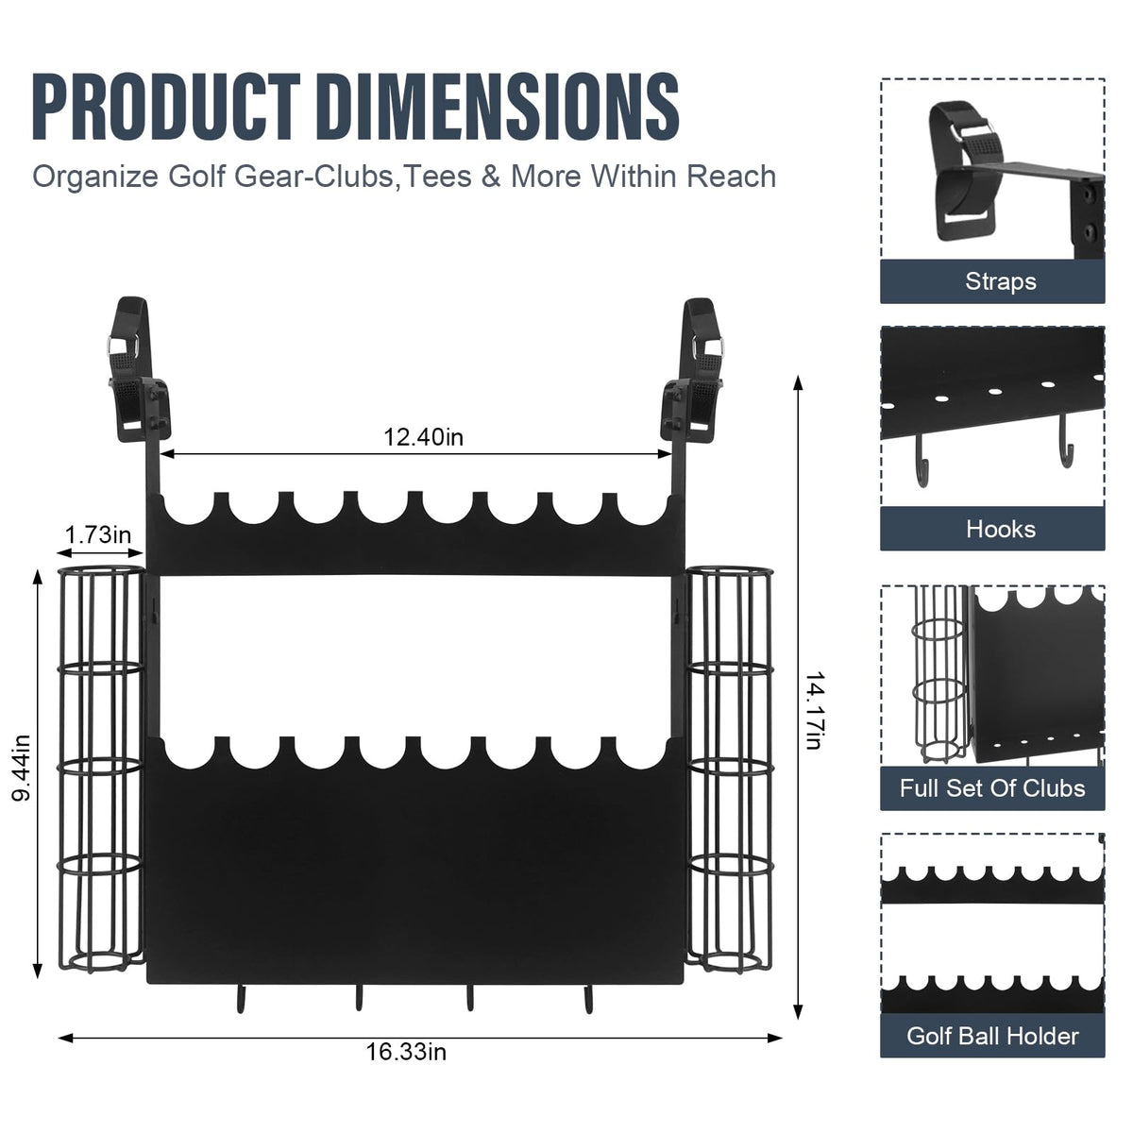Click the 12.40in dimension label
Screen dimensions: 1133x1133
423,437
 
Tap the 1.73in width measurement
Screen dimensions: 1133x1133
98,535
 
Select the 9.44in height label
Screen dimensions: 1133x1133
22,769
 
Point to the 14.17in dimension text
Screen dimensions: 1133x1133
814,712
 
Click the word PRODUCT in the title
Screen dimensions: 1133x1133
166,107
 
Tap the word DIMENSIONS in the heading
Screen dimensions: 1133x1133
501,107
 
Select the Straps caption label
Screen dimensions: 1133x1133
1001,281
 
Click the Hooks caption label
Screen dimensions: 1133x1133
1001,529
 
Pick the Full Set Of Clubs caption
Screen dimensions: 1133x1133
992,787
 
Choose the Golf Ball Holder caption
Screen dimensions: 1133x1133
992,1036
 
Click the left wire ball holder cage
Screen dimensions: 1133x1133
100,769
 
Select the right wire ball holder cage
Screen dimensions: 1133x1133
730,769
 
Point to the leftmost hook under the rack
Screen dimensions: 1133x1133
240,999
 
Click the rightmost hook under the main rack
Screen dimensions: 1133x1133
588,999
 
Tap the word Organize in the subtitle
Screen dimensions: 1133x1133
95,177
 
